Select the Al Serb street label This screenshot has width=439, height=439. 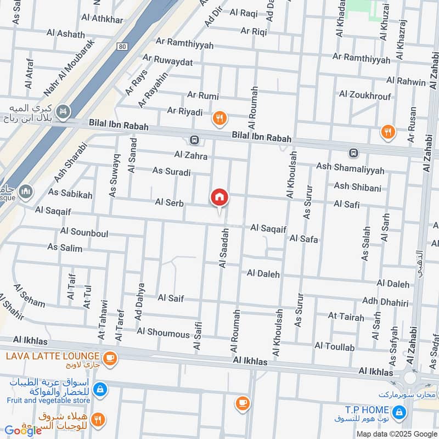point(169,202)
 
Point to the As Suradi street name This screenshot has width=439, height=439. point(172,172)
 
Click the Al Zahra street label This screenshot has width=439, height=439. point(191,156)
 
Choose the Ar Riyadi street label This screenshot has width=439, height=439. point(183,112)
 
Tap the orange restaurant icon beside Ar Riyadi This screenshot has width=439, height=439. point(220,117)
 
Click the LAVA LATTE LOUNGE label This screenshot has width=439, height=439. point(53,356)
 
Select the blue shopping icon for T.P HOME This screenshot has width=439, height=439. point(400,411)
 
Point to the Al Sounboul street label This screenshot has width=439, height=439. point(85,233)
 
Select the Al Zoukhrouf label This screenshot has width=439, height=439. point(365,94)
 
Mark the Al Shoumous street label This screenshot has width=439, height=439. point(163,332)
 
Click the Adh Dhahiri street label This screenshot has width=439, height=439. point(385,301)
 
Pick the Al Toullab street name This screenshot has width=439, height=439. point(334,346)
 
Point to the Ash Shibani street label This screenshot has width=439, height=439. point(357,188)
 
